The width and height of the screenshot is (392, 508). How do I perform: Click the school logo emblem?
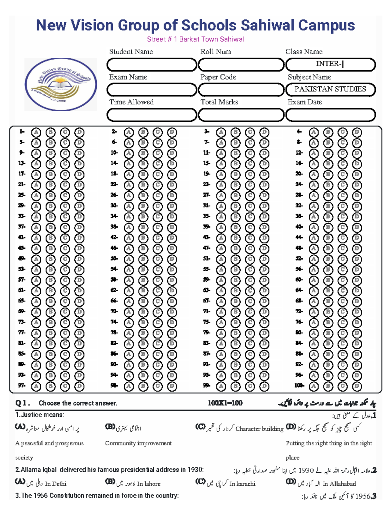[x=60, y=84]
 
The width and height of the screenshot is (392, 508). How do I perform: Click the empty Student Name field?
[x=152, y=65]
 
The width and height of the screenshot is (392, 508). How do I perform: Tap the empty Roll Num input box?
[x=241, y=65]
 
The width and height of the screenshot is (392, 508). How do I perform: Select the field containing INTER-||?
[x=330, y=64]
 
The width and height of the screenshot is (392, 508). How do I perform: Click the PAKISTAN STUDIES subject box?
[x=330, y=89]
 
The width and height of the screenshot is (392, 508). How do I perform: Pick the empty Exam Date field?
[x=330, y=115]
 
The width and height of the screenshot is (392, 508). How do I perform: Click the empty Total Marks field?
[x=241, y=115]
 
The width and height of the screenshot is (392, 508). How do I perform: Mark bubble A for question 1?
[x=36, y=132]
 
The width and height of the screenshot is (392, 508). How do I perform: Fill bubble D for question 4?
[x=357, y=132]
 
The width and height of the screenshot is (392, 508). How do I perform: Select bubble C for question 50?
[x=157, y=259]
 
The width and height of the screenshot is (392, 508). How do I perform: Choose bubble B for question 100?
[x=328, y=386]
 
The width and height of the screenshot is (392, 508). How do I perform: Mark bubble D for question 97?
[x=79, y=386]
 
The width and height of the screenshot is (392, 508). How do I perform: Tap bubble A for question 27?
[x=221, y=196]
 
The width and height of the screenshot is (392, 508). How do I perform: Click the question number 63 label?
[x=206, y=290]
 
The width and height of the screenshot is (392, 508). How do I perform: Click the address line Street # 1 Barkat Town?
[x=195, y=39]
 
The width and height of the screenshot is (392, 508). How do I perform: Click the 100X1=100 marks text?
[x=225, y=403]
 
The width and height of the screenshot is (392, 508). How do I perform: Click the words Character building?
[x=259, y=429]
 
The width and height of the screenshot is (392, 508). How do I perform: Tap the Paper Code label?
[x=218, y=77]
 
